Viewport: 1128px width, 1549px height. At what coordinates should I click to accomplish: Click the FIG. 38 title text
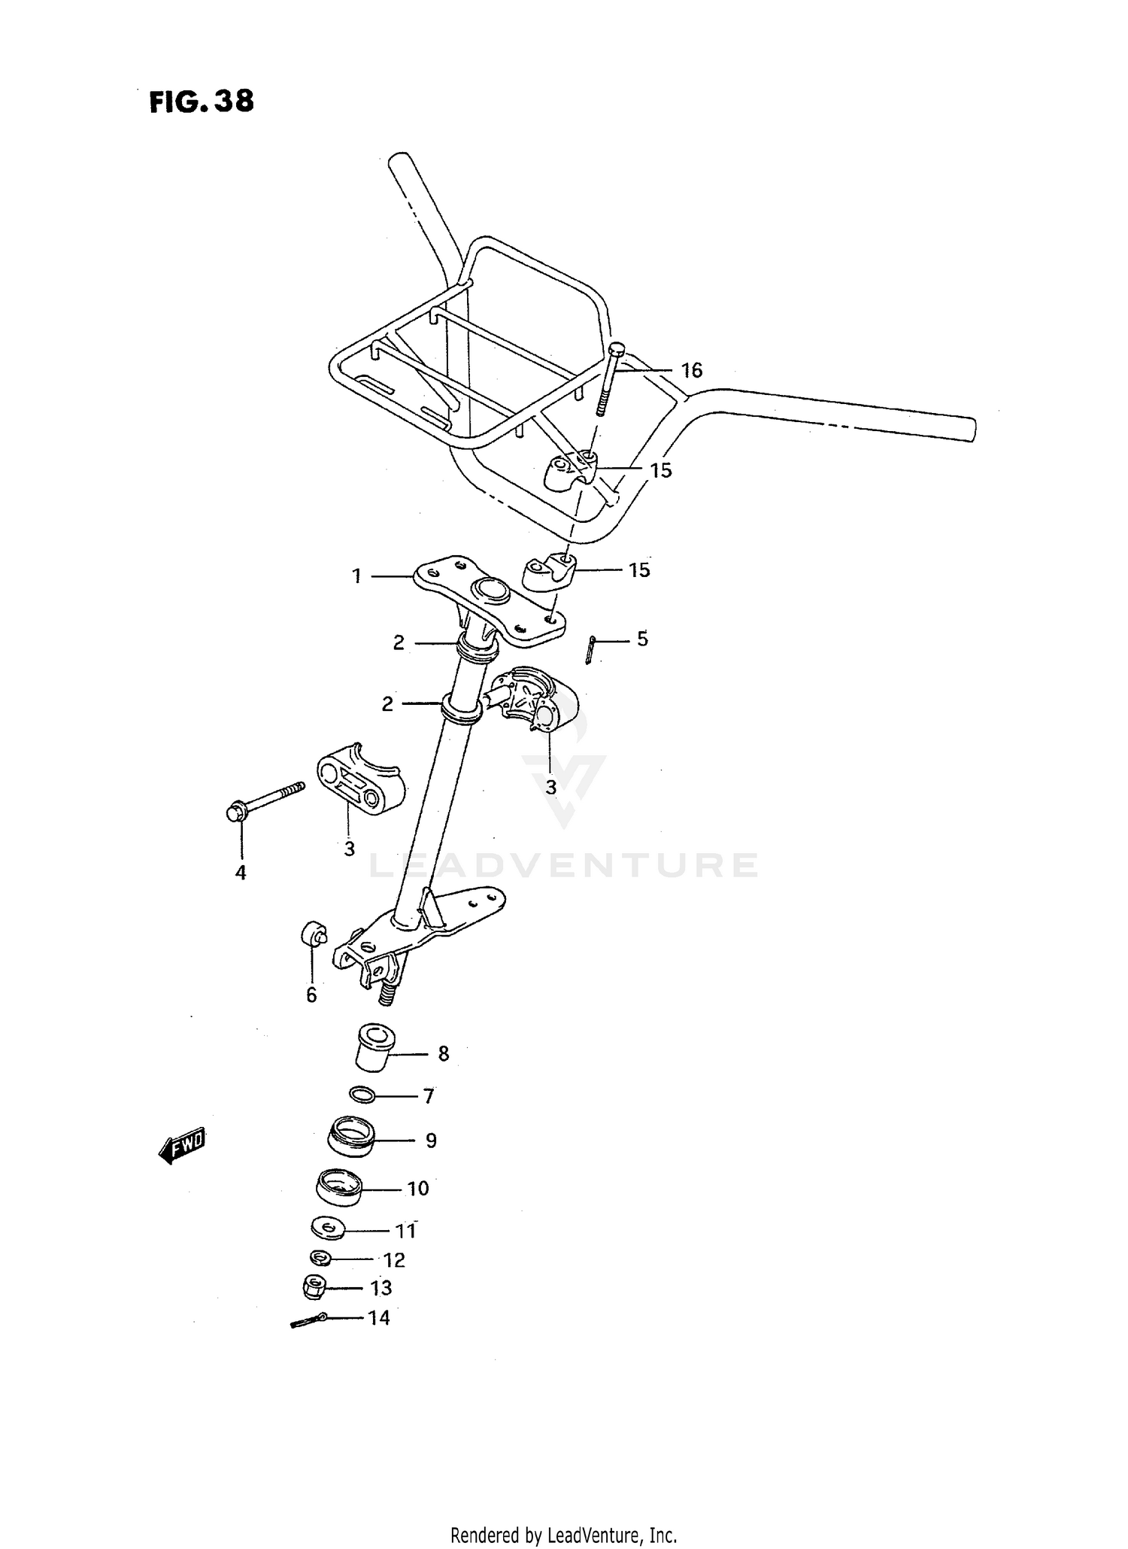(202, 102)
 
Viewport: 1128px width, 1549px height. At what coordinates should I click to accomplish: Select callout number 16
(691, 370)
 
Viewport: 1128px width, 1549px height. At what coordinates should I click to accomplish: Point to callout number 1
(356, 576)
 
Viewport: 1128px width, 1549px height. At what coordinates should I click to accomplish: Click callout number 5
(642, 639)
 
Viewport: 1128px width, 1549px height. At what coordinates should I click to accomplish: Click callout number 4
(241, 873)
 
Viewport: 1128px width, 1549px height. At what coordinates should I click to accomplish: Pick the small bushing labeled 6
(313, 934)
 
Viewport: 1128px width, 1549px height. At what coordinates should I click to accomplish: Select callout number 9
(431, 1140)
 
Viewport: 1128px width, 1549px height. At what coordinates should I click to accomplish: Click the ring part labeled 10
(338, 1188)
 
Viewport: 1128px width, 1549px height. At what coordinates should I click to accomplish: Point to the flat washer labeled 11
(328, 1228)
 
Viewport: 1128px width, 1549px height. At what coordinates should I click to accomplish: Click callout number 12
(394, 1259)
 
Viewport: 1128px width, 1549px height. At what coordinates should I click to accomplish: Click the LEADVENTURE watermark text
(564, 865)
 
